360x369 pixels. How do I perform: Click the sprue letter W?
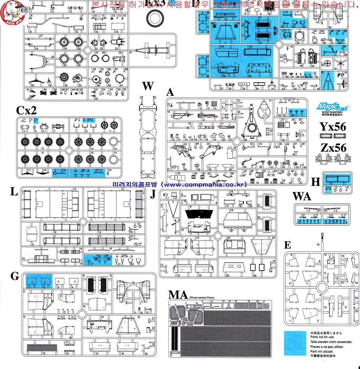click(148, 87)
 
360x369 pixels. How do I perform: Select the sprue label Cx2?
click(26, 110)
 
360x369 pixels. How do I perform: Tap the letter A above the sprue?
click(171, 93)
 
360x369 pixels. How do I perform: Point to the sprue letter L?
click(14, 192)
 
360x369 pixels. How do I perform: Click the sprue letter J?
click(153, 194)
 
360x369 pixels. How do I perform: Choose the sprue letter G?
click(14, 276)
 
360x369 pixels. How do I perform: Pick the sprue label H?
click(316, 182)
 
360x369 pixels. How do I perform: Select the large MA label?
click(178, 295)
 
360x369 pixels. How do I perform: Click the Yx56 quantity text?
click(333, 127)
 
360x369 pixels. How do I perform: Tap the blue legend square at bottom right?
click(295, 343)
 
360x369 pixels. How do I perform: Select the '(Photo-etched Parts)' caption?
click(201, 298)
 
